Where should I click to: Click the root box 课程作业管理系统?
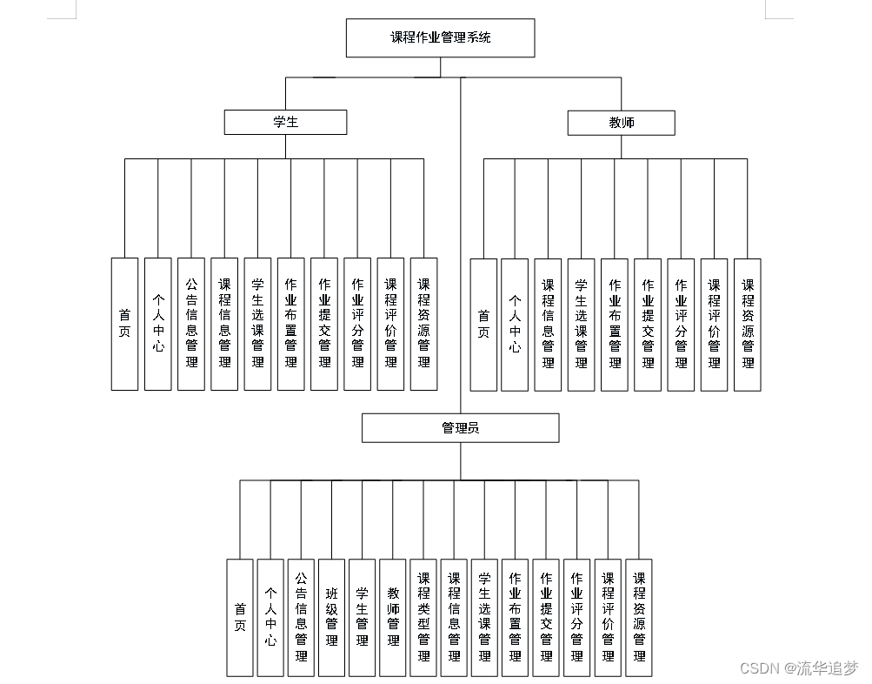click(x=440, y=37)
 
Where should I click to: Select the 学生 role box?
click(x=285, y=122)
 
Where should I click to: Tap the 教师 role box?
click(x=621, y=123)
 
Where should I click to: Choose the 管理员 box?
click(x=460, y=427)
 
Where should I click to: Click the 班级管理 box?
click(x=331, y=618)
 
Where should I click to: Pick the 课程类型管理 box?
click(x=423, y=618)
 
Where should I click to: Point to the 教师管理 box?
click(x=393, y=618)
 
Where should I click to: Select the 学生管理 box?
click(x=363, y=618)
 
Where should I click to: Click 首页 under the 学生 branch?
click(x=124, y=324)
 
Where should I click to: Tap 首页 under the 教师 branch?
click(x=483, y=324)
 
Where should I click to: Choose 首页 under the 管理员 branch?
click(x=240, y=618)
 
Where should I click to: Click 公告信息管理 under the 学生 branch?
click(x=191, y=324)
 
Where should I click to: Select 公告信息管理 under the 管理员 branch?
click(x=301, y=618)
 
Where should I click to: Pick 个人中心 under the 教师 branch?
click(x=515, y=324)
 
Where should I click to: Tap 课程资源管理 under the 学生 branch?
click(x=423, y=324)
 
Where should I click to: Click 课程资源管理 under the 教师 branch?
click(x=747, y=324)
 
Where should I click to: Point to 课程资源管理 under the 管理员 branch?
click(x=639, y=618)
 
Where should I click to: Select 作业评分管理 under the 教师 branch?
click(x=681, y=324)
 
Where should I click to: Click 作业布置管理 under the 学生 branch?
click(x=291, y=324)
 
